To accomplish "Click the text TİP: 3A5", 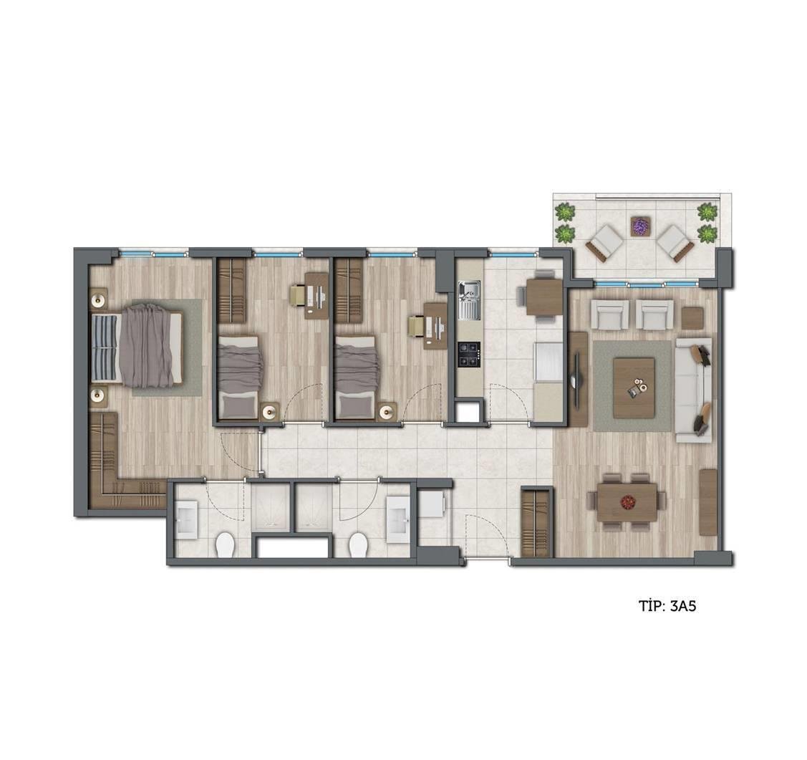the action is pos(667,605).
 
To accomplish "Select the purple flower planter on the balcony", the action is pos(640,226).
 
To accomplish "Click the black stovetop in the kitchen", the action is pos(469,355).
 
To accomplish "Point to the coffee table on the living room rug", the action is pos(634,388).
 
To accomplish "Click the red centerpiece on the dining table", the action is pos(627,501).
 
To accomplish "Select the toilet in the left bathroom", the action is pos(224,545).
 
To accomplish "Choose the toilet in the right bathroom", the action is pos(358,545).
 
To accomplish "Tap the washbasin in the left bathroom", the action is pos(186,519).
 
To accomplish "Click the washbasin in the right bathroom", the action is pos(398,519).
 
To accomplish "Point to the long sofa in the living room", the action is pos(693,390).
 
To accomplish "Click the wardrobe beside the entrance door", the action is pos(537,521).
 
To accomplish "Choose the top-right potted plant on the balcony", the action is pos(707,211).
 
